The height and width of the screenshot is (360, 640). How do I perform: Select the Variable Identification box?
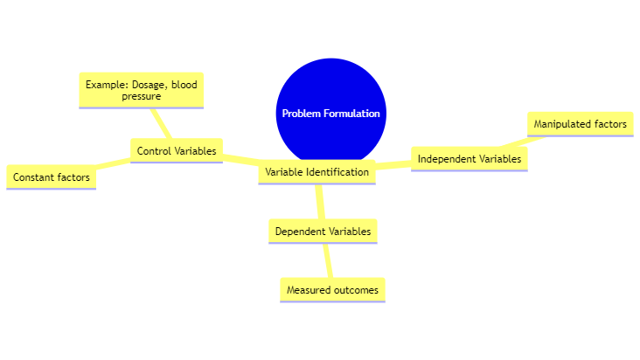(x=317, y=172)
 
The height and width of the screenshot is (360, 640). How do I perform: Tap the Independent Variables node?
(x=469, y=159)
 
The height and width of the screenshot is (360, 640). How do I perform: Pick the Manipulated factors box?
(x=581, y=124)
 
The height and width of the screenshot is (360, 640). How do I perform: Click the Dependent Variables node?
(x=323, y=232)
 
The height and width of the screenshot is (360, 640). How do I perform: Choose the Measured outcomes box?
(x=332, y=289)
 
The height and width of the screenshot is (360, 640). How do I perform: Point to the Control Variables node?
(x=176, y=151)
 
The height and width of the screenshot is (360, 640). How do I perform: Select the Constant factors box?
(x=51, y=177)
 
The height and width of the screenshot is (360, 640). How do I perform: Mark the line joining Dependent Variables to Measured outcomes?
(x=328, y=260)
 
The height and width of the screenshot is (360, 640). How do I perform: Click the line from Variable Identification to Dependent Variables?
(x=320, y=202)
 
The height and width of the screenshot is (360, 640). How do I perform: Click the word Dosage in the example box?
(x=149, y=85)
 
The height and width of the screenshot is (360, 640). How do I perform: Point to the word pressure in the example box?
(x=141, y=97)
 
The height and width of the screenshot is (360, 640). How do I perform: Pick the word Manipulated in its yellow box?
(x=562, y=124)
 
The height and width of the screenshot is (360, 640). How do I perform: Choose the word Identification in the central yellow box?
(x=337, y=172)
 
